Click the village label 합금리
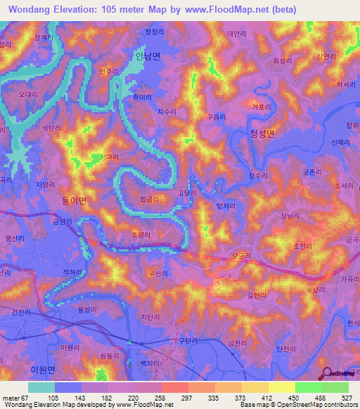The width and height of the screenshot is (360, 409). tap(148, 199)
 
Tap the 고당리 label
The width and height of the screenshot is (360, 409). tap(187, 193)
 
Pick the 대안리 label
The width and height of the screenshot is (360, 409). tap(237, 33)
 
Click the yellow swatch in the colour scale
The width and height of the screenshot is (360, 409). tap(281, 387)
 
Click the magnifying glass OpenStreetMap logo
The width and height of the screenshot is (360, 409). tap(326, 373)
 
